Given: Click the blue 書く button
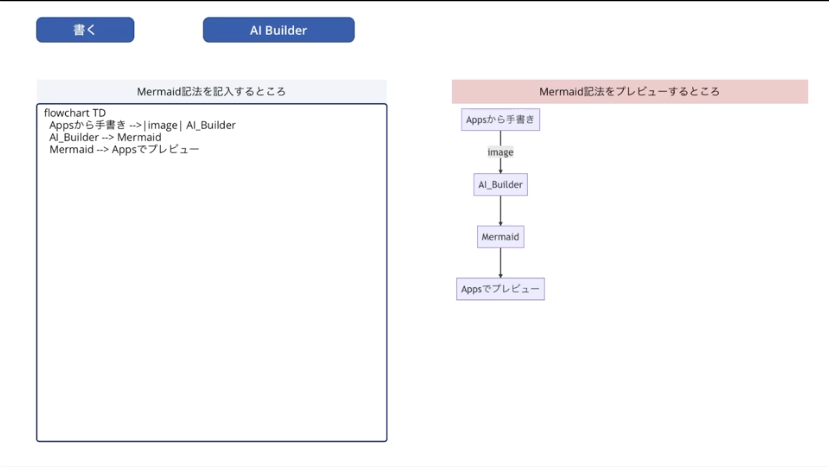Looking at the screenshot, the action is point(85,30).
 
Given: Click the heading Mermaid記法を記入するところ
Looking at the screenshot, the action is point(211,92).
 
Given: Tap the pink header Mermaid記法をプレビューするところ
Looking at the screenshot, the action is point(629,92).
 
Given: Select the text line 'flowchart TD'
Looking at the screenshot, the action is point(75,113).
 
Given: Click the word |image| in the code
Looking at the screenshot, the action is point(163,125).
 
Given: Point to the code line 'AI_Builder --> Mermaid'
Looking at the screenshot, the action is point(105,138).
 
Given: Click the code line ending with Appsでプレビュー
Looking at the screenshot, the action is point(124,150).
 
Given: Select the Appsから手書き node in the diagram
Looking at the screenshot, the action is point(500,120).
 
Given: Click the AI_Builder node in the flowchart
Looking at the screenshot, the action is point(500,185).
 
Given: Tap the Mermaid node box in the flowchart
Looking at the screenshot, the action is point(500,237).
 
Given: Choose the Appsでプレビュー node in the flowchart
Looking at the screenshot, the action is point(500,289).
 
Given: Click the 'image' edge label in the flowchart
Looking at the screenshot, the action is point(500,152).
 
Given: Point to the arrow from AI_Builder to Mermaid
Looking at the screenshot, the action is point(500,211).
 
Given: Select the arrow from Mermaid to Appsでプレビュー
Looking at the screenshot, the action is point(500,263).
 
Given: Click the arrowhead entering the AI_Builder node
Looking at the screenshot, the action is point(500,171).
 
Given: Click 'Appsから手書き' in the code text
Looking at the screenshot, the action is point(87,125).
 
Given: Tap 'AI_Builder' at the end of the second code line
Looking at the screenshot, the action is point(211,125).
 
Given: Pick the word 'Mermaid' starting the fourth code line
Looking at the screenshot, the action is point(71,150).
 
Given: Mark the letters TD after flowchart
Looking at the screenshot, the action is point(99,113).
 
